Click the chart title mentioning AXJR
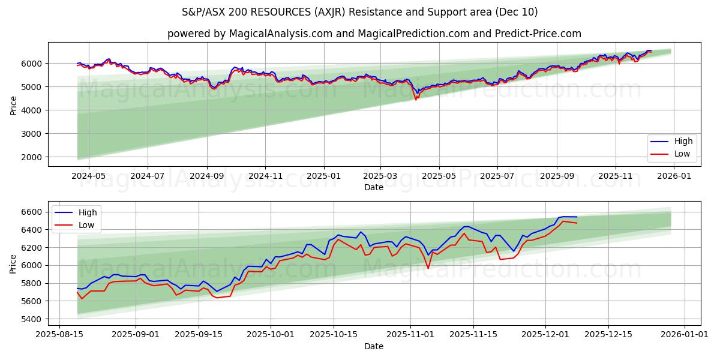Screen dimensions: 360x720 360,12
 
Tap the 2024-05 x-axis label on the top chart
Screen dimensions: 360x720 89,176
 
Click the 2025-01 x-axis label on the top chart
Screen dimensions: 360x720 324,176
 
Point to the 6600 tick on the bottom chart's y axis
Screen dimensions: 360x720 34,212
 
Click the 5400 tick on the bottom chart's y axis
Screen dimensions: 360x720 34,319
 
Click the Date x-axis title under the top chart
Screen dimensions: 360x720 374,187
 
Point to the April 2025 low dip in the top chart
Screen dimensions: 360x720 416,99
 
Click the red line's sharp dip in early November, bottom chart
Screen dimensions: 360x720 428,268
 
